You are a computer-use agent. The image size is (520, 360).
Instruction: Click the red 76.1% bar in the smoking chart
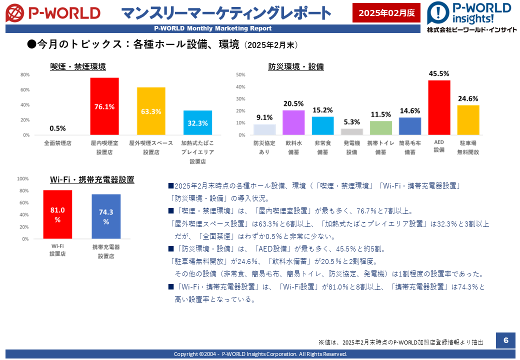click(x=104, y=106)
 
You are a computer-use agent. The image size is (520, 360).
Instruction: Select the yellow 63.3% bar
click(x=151, y=111)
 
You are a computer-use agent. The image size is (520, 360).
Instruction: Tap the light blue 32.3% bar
click(x=197, y=122)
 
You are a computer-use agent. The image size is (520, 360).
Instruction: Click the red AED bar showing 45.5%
click(x=439, y=107)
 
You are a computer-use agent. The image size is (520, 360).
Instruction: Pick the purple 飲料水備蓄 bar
click(x=293, y=122)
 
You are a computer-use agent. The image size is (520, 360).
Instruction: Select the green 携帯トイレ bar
click(x=380, y=128)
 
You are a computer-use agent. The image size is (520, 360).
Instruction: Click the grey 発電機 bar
click(x=352, y=131)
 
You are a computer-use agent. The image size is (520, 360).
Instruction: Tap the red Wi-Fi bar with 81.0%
click(x=57, y=214)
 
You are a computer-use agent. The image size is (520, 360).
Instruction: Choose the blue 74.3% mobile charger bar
click(x=106, y=216)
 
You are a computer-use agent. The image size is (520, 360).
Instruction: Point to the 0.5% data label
click(x=57, y=128)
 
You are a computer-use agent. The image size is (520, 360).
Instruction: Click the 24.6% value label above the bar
click(x=468, y=99)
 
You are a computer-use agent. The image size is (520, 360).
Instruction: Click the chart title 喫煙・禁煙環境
click(x=78, y=66)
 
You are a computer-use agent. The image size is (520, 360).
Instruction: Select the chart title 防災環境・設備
click(x=296, y=66)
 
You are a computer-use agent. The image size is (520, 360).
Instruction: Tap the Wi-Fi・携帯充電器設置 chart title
click(x=92, y=179)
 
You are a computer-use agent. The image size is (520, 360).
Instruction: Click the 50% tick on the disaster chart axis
click(x=240, y=75)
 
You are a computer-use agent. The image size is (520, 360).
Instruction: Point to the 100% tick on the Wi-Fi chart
click(x=23, y=178)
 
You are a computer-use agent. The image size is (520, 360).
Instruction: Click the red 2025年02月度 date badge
click(x=386, y=13)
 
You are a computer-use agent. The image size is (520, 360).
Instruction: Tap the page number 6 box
click(x=505, y=340)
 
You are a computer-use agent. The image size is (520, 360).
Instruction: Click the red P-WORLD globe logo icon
click(x=14, y=13)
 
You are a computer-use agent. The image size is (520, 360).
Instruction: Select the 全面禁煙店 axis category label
click(x=57, y=143)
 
